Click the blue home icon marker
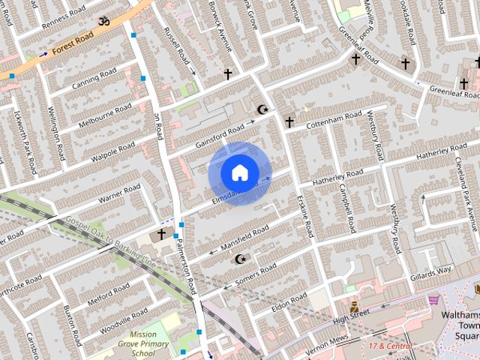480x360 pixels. (x=239, y=172)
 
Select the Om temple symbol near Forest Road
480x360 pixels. (x=103, y=21)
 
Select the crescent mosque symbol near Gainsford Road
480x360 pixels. (x=262, y=110)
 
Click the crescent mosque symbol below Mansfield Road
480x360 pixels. (x=240, y=259)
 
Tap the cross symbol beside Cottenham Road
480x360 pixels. (x=289, y=121)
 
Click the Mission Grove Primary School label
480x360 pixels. (x=142, y=343)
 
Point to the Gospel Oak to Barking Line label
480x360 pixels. (x=110, y=244)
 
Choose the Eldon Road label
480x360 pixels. (x=290, y=303)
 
